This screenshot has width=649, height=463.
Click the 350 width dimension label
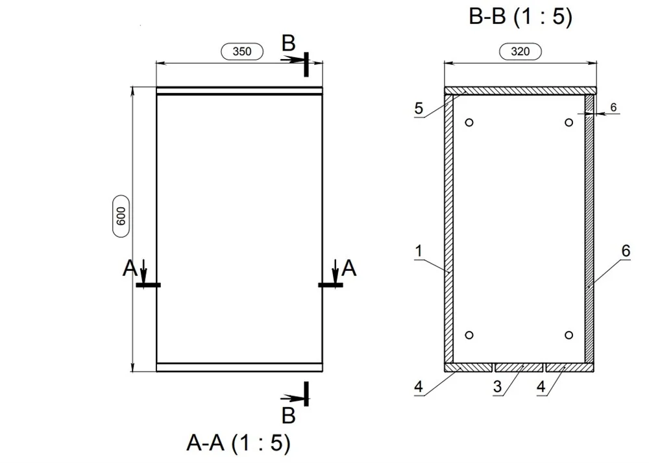tap(242, 51)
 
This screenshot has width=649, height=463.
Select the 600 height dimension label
tap(121, 216)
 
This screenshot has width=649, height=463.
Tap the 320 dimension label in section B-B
tap(520, 51)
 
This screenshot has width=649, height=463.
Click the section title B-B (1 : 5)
tap(520, 17)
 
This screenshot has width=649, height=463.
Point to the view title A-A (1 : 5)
tap(239, 442)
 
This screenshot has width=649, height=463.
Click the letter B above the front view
tap(289, 43)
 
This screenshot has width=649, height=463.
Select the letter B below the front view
tap(289, 416)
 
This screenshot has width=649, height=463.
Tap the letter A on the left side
tap(130, 268)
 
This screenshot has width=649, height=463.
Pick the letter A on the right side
tap(349, 268)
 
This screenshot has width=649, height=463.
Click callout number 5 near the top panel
tap(419, 108)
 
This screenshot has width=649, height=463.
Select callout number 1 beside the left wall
tap(419, 251)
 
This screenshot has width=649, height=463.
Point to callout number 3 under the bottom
tap(498, 386)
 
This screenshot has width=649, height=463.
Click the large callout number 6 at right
tap(626, 251)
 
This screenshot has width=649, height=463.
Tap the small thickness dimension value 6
tap(613, 107)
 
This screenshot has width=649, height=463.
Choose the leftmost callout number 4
tap(419, 386)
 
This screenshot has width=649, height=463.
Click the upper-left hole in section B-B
tap(469, 122)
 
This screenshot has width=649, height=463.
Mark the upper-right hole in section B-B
tap(569, 122)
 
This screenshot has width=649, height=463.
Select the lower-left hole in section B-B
tap(469, 334)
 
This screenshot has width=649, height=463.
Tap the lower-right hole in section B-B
tap(569, 334)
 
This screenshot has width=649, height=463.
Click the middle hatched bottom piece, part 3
tap(519, 368)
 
